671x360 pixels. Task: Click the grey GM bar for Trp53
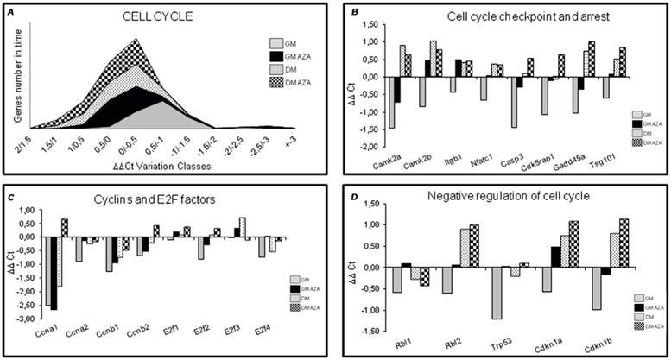click(x=497, y=294)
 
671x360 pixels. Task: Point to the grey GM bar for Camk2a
click(x=391, y=102)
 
